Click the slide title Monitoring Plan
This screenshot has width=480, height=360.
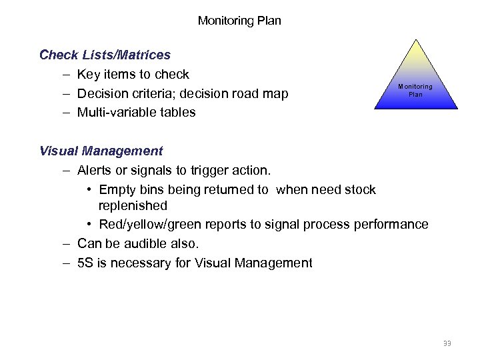click(x=239, y=21)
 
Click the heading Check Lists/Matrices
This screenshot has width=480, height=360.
click(x=105, y=55)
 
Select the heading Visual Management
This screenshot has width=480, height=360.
click(x=101, y=151)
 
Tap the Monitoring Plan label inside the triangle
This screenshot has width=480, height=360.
click(x=415, y=90)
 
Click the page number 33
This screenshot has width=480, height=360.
click(x=447, y=343)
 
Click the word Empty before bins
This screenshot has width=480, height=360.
click(x=117, y=190)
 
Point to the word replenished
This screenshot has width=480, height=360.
click(x=133, y=205)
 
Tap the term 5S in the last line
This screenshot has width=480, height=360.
click(x=85, y=263)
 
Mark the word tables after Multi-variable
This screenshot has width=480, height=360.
click(x=178, y=113)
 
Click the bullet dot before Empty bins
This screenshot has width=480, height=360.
click(x=89, y=190)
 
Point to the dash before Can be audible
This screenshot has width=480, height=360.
click(x=68, y=243)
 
